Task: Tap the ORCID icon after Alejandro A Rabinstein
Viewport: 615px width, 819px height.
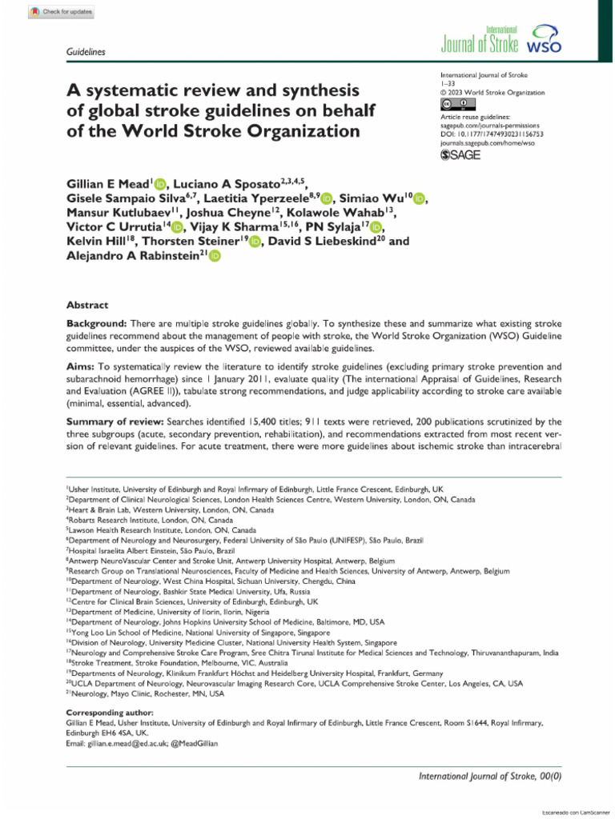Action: point(214,256)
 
